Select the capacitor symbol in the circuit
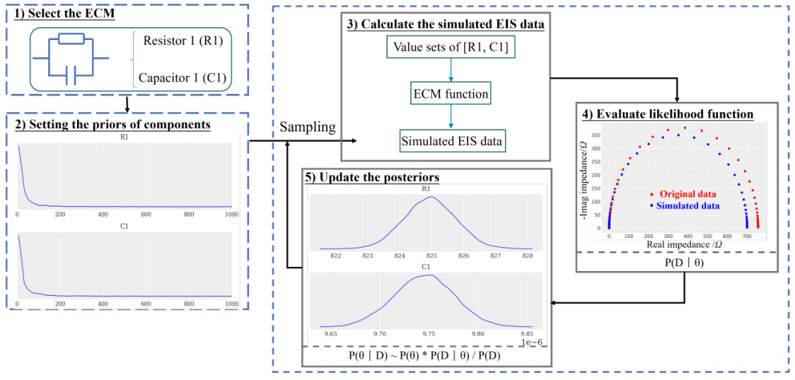coord(75,75)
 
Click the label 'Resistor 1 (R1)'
coord(183,40)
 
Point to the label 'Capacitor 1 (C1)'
coord(183,77)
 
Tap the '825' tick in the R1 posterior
coord(430,256)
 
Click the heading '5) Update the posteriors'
coord(372,176)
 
